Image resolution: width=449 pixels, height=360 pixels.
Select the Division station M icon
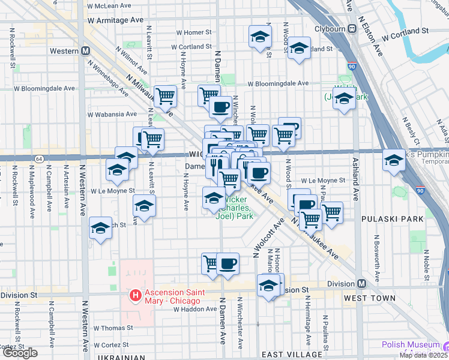coord(361,283)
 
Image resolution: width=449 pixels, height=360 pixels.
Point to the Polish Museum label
coord(411,345)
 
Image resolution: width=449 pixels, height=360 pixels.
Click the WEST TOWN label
coord(370,298)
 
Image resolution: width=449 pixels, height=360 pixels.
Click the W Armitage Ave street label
coord(115,20)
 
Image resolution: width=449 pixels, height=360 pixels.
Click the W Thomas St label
coord(113,328)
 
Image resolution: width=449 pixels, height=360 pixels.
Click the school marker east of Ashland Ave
coord(394,160)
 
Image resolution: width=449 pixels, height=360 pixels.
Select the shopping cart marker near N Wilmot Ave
coord(165,95)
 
